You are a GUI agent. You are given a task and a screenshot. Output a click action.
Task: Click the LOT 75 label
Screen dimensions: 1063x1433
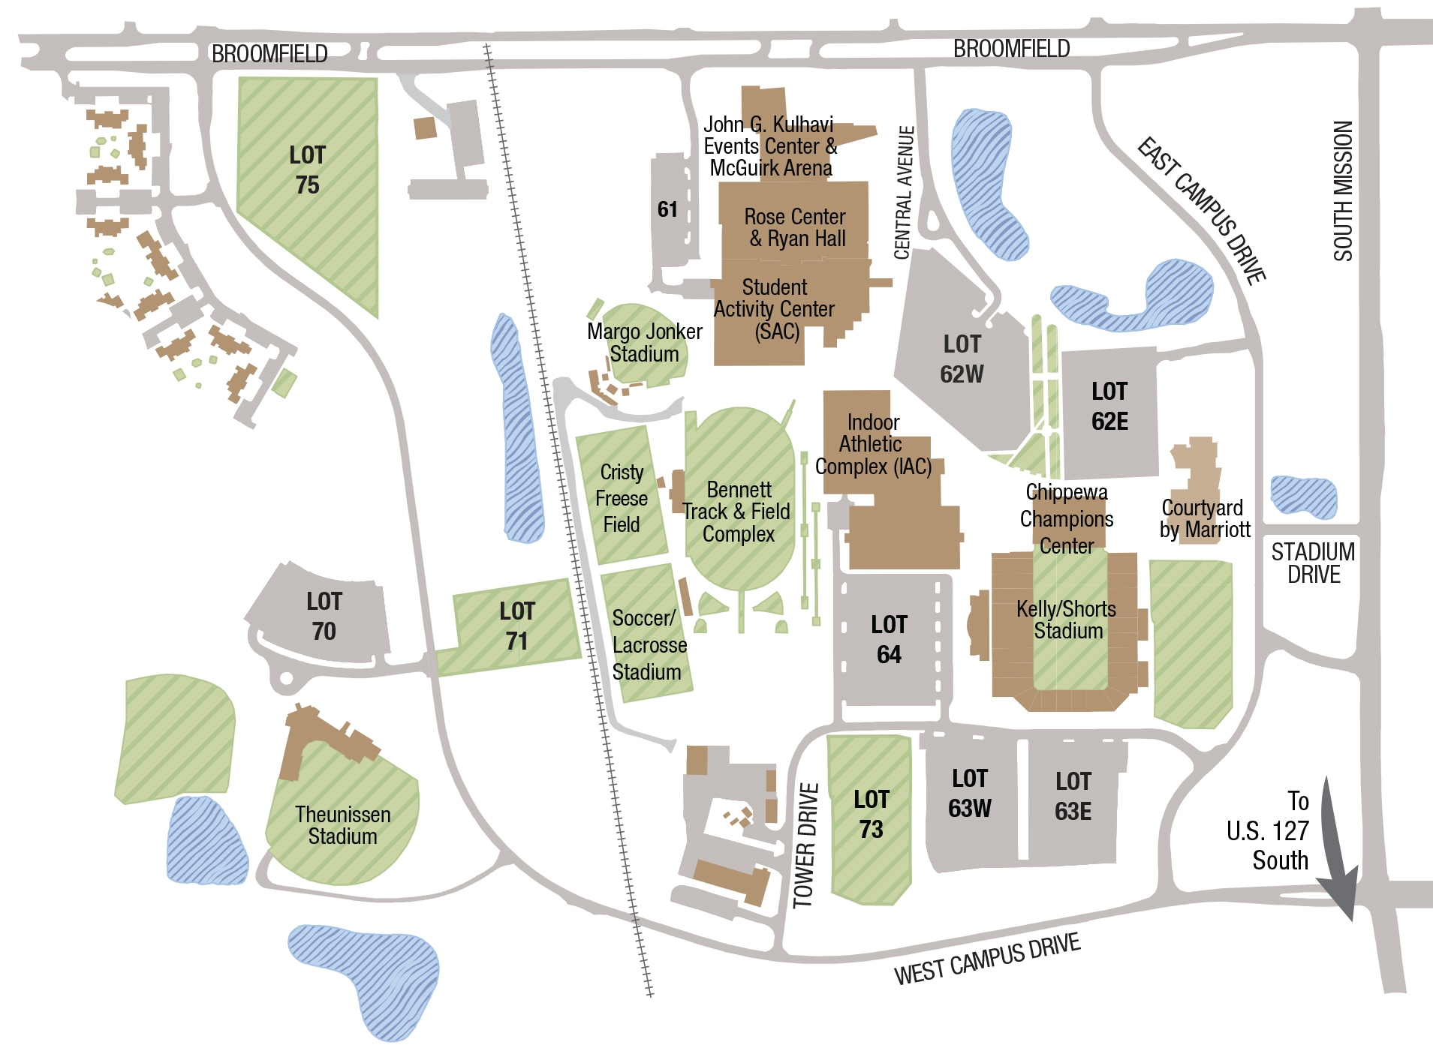(307, 170)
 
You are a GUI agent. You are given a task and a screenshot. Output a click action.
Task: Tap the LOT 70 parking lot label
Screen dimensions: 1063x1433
(324, 616)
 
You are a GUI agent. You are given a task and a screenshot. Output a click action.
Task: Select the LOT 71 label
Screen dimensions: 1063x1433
(516, 626)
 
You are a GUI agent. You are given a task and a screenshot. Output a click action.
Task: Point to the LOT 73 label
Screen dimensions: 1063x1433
(871, 814)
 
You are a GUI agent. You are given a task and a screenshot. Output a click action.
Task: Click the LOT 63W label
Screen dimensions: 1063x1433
(969, 793)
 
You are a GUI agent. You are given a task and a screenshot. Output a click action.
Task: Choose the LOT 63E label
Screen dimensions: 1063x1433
(1073, 796)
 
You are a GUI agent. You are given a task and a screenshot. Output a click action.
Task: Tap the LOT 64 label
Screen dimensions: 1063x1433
(889, 639)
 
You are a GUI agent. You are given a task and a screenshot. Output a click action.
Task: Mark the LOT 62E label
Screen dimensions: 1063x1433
(1109, 406)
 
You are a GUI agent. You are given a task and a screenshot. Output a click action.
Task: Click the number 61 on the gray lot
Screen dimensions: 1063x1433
(667, 209)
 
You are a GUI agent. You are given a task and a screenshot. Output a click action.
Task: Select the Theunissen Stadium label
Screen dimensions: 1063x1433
(342, 825)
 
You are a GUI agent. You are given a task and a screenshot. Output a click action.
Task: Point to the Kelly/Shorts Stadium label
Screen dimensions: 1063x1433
(1067, 620)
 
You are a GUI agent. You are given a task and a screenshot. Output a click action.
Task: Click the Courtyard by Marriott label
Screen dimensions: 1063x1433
(1204, 518)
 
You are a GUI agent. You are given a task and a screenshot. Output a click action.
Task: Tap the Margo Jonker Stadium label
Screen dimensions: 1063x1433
(644, 342)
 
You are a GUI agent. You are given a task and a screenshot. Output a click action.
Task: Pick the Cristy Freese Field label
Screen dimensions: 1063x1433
(622, 498)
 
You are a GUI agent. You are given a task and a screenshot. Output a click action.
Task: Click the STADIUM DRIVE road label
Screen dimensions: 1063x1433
(1313, 563)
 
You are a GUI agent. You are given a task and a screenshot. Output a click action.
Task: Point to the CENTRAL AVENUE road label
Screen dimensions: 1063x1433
(905, 193)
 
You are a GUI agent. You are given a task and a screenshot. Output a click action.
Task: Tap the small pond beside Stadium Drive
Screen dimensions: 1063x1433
(1303, 497)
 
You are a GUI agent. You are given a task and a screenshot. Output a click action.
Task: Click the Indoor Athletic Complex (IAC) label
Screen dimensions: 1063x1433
(873, 444)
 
